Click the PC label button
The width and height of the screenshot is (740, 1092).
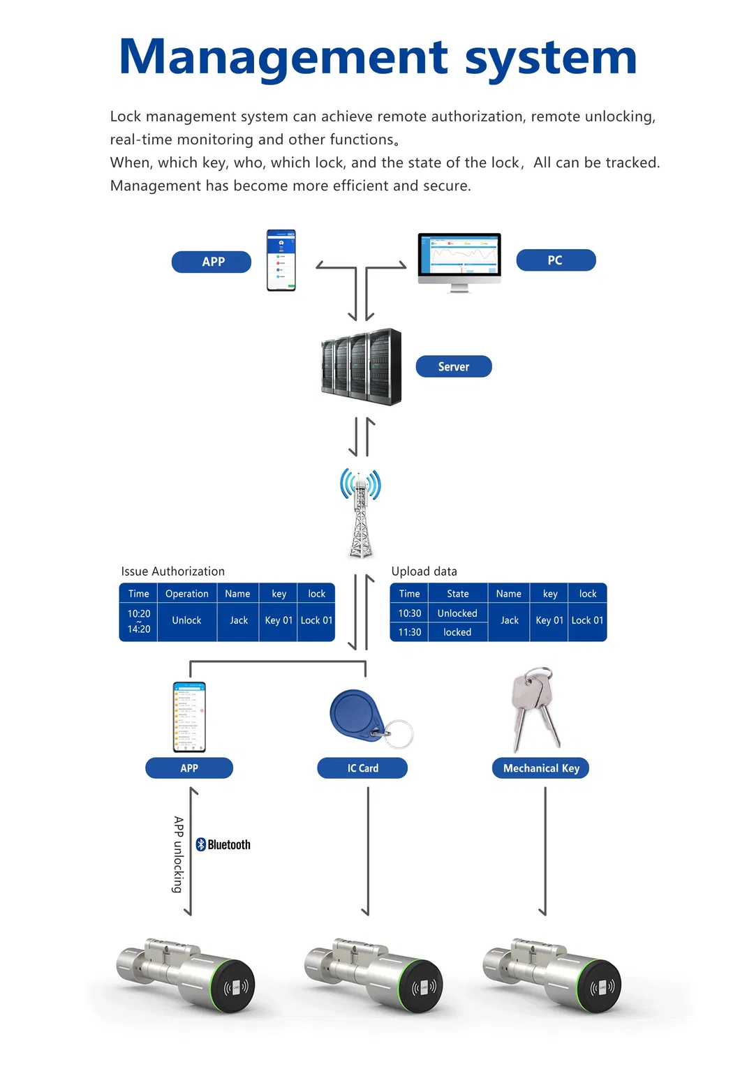click(x=556, y=260)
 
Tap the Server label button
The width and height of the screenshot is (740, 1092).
click(x=454, y=366)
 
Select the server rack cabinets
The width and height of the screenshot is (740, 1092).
click(x=362, y=367)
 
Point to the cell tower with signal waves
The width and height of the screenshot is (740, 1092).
click(x=360, y=513)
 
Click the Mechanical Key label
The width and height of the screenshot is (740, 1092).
click(x=541, y=768)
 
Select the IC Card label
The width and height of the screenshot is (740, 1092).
click(x=362, y=768)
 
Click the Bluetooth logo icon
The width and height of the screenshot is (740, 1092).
click(x=201, y=844)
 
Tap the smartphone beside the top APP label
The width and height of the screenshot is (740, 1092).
click(x=281, y=260)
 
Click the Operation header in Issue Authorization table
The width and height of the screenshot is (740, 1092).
click(x=186, y=594)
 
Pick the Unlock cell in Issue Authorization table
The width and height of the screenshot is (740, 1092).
click(x=186, y=620)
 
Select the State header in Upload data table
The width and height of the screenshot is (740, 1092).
click(x=457, y=594)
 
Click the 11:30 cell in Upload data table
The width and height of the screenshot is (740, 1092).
click(x=410, y=632)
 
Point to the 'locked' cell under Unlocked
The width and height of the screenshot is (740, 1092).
click(x=457, y=632)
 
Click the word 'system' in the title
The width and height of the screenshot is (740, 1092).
click(x=551, y=57)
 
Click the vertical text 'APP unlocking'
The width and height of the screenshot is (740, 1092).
click(x=179, y=854)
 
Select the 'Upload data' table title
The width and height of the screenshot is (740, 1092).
click(x=424, y=571)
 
